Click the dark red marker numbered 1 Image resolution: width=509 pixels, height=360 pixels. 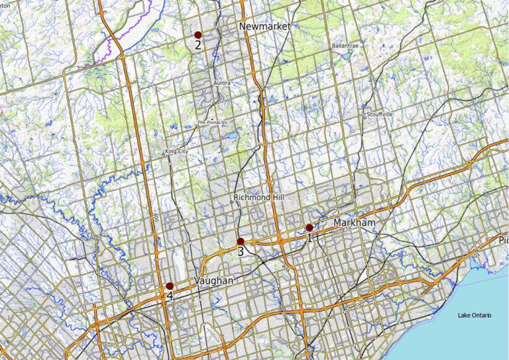[x=310, y=227]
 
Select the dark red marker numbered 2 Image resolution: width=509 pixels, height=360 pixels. [x=198, y=34]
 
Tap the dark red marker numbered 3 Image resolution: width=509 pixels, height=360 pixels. [x=241, y=241]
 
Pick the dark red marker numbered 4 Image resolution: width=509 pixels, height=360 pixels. [x=170, y=286]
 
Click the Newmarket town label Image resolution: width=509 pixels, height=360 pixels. [x=264, y=26]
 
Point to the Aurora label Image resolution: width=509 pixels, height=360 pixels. [x=222, y=83]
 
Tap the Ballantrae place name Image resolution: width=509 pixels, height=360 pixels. [x=345, y=46]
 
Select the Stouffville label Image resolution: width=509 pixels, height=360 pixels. [x=378, y=114]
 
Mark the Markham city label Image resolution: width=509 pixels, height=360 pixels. [x=355, y=223]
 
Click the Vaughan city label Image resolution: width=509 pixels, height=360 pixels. [x=215, y=281]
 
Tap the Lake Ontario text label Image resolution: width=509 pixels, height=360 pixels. [x=475, y=314]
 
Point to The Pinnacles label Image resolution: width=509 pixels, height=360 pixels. [x=212, y=123]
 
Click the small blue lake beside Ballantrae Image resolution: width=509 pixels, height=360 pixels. [x=346, y=56]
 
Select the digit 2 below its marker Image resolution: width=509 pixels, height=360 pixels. [x=198, y=45]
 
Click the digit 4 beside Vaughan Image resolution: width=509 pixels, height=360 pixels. [x=170, y=296]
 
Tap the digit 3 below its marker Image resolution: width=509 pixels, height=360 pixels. [x=241, y=252]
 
